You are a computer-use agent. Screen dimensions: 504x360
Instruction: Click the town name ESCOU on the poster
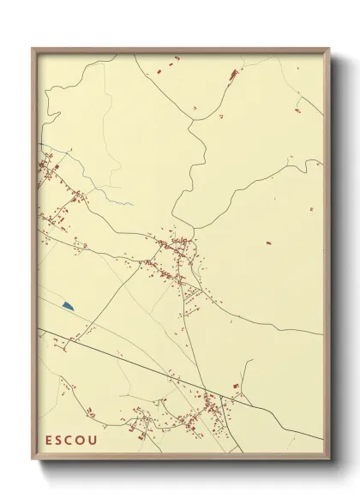(71, 440)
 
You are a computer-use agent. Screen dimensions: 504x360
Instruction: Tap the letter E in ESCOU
(50, 440)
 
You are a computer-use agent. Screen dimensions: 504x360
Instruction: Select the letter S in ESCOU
(60, 440)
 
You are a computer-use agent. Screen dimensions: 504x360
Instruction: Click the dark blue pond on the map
(68, 305)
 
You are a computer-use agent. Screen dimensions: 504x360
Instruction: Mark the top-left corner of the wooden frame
(33, 49)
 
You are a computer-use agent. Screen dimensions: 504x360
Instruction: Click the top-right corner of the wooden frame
(330, 49)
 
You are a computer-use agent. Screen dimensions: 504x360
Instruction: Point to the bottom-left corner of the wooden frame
(33, 460)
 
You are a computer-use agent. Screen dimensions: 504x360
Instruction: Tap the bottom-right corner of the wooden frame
(330, 460)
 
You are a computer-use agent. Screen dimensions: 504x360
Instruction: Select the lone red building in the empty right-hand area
(268, 243)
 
